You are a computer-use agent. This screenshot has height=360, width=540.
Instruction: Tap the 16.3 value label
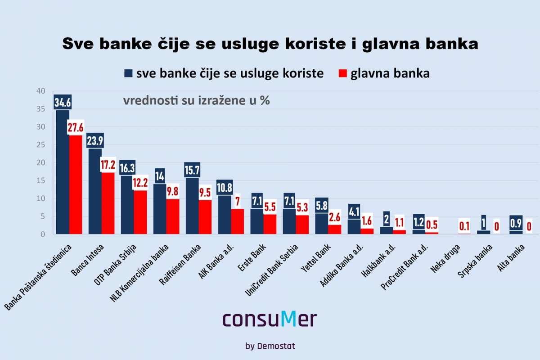(x=127, y=168)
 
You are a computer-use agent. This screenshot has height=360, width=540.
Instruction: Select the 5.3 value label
(x=302, y=208)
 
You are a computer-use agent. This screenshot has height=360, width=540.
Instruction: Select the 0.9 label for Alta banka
(x=516, y=223)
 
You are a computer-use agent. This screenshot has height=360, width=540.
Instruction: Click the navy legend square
(x=128, y=73)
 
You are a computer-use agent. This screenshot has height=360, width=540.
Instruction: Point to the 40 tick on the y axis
(x=41, y=91)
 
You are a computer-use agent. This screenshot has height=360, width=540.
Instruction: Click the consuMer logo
(x=270, y=319)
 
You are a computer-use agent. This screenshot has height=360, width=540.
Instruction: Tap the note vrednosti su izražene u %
(x=197, y=101)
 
